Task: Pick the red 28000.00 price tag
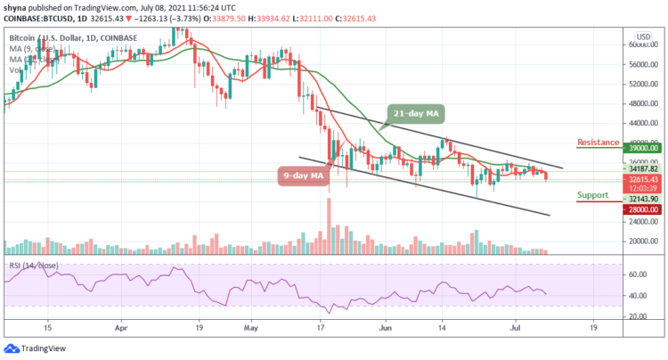640,209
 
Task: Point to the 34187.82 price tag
640,168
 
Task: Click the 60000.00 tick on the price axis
640,45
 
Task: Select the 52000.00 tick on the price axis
640,84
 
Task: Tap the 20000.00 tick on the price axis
640,241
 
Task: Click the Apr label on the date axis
120,328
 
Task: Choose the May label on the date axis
251,328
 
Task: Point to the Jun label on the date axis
386,328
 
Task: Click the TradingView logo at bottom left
36,348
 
